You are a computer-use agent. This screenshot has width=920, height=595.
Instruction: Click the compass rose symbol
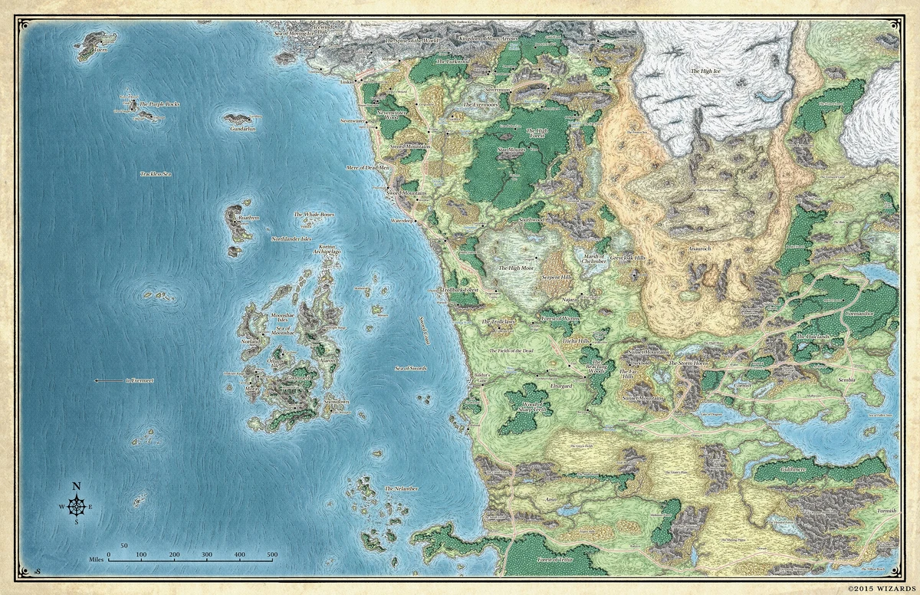[77, 506]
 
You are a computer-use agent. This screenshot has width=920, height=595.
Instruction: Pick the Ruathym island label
[249, 218]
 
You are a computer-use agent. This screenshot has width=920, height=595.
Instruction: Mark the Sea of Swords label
[410, 369]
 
